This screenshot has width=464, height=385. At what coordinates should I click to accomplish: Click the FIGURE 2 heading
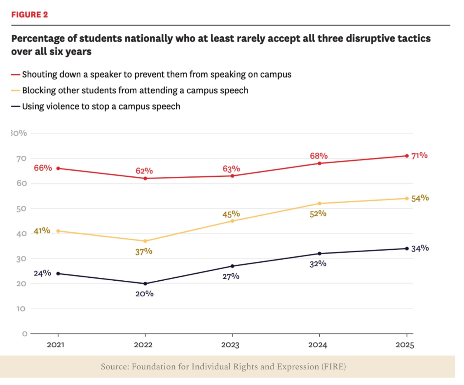[30, 14]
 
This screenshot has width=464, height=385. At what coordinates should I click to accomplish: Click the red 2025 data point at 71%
[407, 156]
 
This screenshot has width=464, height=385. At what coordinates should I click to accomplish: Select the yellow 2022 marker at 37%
[145, 241]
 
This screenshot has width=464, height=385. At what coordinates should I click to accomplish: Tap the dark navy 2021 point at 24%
[58, 274]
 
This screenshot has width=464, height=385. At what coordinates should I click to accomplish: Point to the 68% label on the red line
[319, 156]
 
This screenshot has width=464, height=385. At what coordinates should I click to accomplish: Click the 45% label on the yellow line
[231, 214]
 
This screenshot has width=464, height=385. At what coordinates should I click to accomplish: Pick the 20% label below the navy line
[144, 293]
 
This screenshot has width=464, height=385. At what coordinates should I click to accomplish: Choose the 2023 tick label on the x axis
[230, 345]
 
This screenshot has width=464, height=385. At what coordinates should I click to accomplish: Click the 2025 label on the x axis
[405, 345]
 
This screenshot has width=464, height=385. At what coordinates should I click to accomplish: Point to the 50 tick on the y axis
[21, 209]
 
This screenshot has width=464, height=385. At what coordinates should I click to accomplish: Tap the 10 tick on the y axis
[21, 309]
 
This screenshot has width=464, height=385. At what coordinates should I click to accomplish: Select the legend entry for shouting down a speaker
[151, 74]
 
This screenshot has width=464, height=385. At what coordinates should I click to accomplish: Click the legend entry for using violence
[96, 106]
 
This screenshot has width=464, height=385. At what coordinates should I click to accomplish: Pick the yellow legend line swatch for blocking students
[15, 91]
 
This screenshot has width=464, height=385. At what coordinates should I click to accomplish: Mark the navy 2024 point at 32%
[319, 254]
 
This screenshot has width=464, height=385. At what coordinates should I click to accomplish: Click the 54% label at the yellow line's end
[420, 198]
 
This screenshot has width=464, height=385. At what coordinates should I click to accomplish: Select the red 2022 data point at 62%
[145, 178]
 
